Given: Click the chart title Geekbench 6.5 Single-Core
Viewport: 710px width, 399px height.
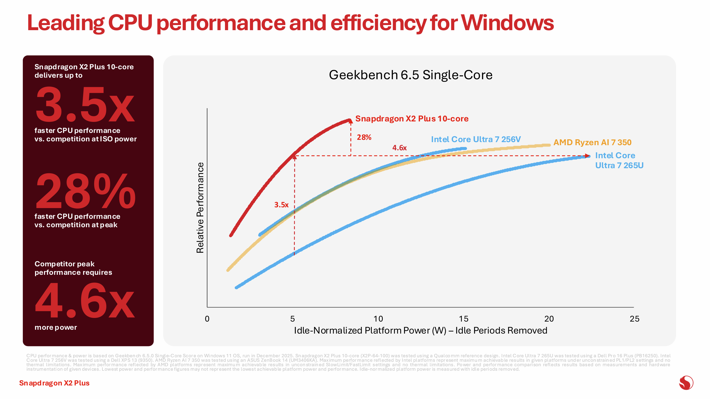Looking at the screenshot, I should point(410,75).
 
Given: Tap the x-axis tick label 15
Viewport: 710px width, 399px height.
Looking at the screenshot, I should point(463,319).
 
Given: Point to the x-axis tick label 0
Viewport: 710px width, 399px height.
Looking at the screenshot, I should point(207,319).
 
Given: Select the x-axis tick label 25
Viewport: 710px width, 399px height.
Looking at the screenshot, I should point(634,319).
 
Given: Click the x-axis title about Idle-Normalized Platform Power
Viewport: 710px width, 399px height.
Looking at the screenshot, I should point(420,330).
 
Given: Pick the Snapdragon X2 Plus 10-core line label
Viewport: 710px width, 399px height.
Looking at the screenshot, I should point(412,119).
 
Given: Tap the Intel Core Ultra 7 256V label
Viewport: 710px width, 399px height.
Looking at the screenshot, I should point(476,139).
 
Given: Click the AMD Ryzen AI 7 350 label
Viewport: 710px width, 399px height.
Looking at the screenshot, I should point(592,142).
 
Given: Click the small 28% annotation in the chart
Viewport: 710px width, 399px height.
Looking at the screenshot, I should point(364,137).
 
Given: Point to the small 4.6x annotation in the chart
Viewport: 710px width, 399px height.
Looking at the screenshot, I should point(399,148).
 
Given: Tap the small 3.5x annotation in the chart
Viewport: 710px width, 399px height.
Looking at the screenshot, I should point(281,205).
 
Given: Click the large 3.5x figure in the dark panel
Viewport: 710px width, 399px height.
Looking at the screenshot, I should point(85,105).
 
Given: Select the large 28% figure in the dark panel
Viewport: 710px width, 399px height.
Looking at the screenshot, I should point(85,191).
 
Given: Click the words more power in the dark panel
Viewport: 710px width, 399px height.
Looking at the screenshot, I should point(56,327).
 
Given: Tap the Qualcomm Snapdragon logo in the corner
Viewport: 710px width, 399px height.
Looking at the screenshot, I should point(686,383).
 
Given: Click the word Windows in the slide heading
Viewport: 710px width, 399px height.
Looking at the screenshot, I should point(508,23).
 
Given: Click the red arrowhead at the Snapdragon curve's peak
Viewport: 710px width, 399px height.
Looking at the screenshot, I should point(350,121).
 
